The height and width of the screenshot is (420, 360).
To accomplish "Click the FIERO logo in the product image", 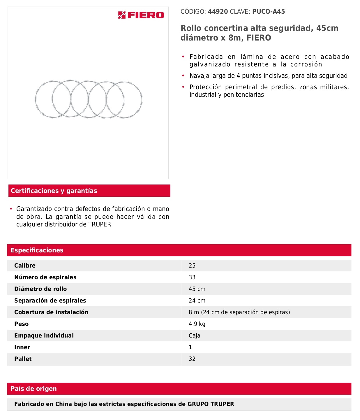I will (x=141, y=15).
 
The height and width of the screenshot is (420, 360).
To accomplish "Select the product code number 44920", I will (x=218, y=12).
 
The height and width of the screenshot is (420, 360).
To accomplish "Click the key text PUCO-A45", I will (x=269, y=12).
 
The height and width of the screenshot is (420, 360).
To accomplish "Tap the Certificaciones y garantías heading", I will (x=54, y=191).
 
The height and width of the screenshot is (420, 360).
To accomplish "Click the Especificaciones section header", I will (x=37, y=250).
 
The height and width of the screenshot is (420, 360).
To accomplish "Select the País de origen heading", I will (x=34, y=389).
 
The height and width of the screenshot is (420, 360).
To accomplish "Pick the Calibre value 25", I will (x=192, y=266).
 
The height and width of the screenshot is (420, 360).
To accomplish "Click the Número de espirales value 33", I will (x=192, y=277).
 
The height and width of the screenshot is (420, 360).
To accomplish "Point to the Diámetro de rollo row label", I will (x=40, y=289).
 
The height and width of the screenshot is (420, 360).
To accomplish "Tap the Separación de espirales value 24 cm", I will (x=197, y=300).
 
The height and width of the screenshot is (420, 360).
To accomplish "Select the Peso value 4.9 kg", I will (x=197, y=324).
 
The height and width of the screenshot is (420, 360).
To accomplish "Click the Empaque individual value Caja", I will (x=194, y=335).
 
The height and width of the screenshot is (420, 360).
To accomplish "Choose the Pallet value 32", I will (x=192, y=359).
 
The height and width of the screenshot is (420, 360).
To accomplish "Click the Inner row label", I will (x=22, y=347).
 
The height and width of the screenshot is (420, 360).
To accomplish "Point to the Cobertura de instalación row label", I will (x=51, y=312).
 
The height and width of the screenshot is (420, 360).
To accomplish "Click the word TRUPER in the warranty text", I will (x=100, y=224).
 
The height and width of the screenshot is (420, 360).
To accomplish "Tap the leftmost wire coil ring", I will (x=36, y=99).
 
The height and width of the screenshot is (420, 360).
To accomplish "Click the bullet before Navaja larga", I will (x=183, y=76).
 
